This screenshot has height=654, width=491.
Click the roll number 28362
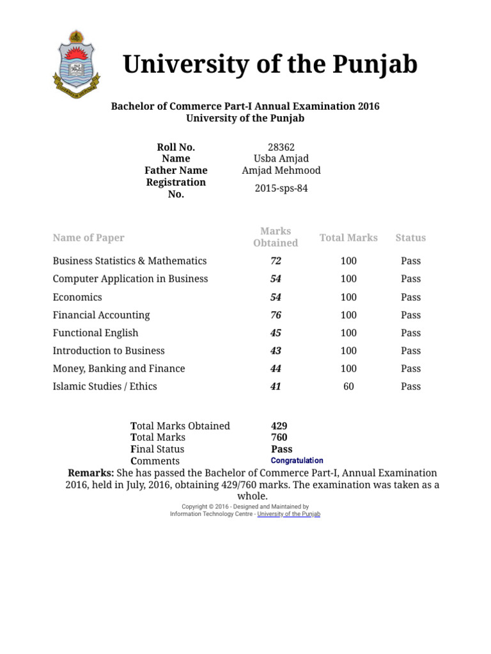tap(281, 147)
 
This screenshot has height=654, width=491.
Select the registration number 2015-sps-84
tap(281, 188)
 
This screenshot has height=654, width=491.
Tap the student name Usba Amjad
tap(281, 158)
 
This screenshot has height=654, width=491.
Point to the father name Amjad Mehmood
tap(281, 171)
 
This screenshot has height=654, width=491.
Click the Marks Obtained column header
tap(276, 237)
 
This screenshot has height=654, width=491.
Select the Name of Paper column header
tap(88, 238)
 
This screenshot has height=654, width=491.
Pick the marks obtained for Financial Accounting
tap(276, 315)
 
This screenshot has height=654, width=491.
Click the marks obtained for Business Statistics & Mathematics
tap(276, 261)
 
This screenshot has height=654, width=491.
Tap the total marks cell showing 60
tap(348, 386)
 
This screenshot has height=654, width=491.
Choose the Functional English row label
tap(95, 333)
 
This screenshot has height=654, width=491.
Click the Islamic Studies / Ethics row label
tap(104, 386)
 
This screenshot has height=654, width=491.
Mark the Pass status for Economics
tap(410, 297)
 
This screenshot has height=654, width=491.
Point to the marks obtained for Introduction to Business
tap(276, 351)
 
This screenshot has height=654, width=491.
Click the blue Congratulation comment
tap(297, 460)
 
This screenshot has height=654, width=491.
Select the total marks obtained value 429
tap(279, 426)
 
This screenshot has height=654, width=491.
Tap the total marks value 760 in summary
tap(279, 437)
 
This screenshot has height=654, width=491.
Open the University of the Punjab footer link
tap(288, 514)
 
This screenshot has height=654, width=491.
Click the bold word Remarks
tap(91, 473)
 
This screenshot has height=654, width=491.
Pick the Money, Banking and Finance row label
tap(118, 369)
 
